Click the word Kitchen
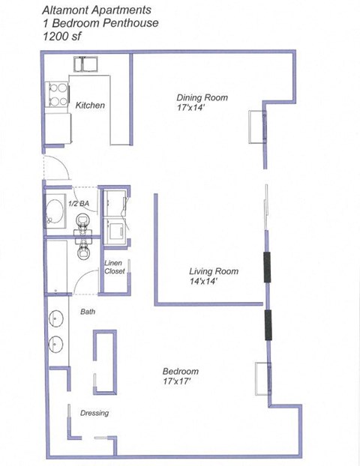pos(90,105)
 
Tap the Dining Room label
pos(202,97)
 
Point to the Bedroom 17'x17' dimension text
pos(181,382)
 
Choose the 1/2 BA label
pos(79,204)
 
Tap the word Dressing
pos(94,413)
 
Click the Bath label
pos(88,311)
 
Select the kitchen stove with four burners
pos(57,94)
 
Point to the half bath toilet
pos(83,220)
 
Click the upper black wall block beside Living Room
pos(266,267)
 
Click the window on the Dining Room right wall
pos(259,127)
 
